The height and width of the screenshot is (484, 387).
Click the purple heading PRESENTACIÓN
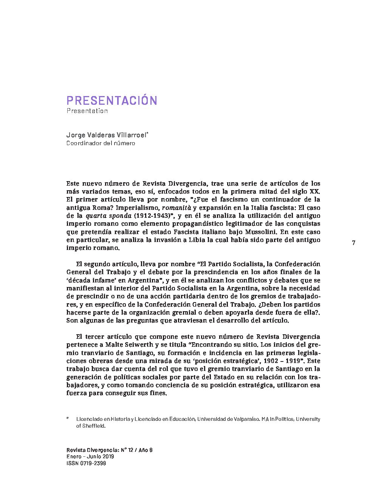click(x=111, y=101)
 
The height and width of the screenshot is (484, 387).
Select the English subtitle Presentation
click(x=87, y=111)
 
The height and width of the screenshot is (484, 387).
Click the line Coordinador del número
click(x=101, y=143)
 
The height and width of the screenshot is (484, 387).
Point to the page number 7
click(x=353, y=243)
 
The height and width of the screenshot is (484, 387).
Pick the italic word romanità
click(x=176, y=208)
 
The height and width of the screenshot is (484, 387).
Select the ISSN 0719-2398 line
click(x=86, y=463)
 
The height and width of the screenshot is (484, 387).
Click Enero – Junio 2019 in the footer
click(x=90, y=456)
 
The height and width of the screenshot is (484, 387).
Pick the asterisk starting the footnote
click(x=68, y=419)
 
